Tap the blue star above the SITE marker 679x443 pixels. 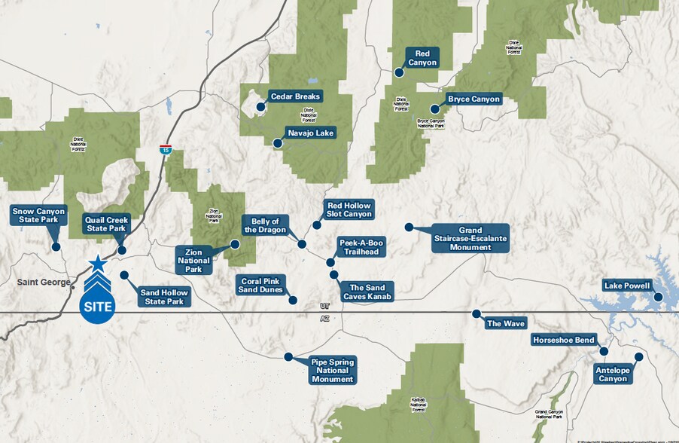(97, 264)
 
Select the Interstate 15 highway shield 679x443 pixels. (165, 149)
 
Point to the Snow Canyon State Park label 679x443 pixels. (38, 215)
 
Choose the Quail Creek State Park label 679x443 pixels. (108, 225)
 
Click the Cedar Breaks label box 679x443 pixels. (296, 96)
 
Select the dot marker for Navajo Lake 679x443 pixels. (278, 143)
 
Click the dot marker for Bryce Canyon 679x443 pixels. (434, 109)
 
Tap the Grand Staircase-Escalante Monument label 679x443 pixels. (470, 237)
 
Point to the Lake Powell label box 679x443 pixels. (627, 285)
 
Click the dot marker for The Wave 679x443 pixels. (476, 313)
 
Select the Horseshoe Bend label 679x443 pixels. (564, 340)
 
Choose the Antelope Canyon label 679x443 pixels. (611, 374)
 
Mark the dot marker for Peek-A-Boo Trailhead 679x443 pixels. (330, 262)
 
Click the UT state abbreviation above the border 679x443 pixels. (324, 307)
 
